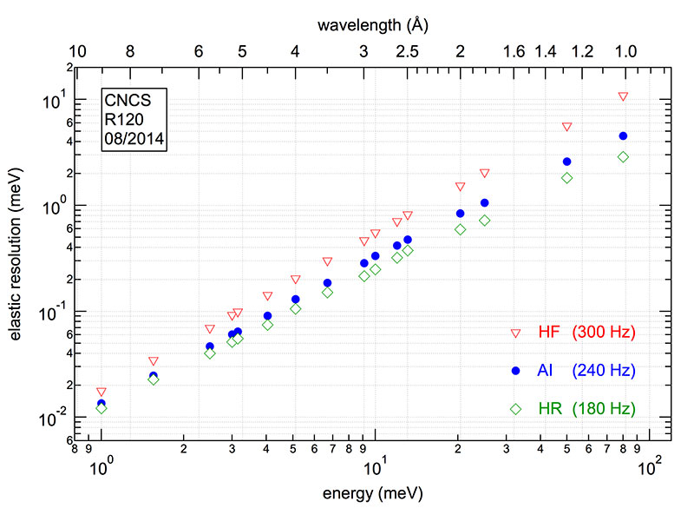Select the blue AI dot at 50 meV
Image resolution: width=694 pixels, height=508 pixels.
coord(567,162)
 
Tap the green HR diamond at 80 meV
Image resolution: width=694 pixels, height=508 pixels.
coord(623,157)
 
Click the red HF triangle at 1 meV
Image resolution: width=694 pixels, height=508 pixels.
coord(101,393)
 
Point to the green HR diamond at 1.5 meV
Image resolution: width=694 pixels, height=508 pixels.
coord(154,379)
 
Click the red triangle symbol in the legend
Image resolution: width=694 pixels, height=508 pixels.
coord(515,333)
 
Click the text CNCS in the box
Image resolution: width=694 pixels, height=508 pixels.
coord(125,101)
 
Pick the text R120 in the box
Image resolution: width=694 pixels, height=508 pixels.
coord(122,119)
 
